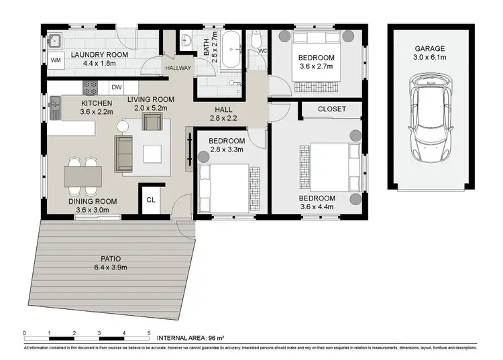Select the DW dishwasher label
(x=116, y=87)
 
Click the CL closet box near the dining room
(x=151, y=199)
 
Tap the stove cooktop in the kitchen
(x=90, y=87)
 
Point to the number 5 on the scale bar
(x=149, y=333)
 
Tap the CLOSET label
(x=331, y=109)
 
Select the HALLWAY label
(x=178, y=68)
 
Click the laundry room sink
(x=54, y=40)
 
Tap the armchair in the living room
(x=152, y=122)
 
